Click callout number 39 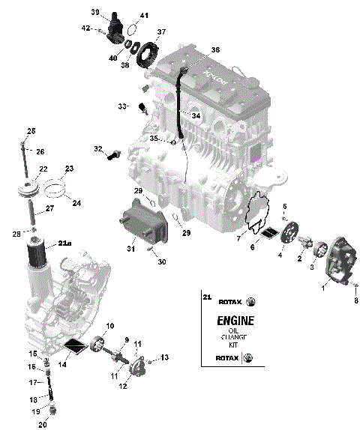(95, 12)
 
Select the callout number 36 (215, 49)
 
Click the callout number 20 (43, 425)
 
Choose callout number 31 (130, 249)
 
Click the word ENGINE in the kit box (235, 321)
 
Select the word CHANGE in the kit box (235, 338)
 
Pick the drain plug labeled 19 (52, 409)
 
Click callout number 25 (31, 132)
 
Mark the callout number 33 (122, 106)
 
